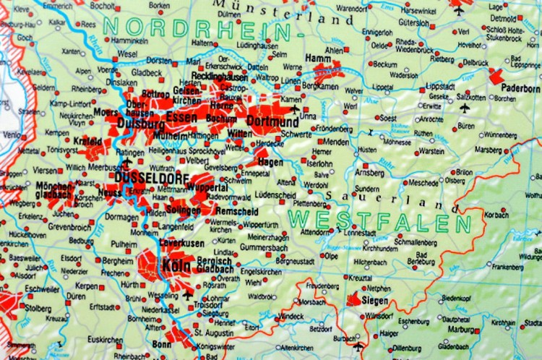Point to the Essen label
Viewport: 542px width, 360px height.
click(x=181, y=116)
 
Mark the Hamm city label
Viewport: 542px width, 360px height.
click(x=319, y=57)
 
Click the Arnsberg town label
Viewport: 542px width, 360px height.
click(x=369, y=173)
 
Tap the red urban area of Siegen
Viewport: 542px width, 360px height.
click(x=354, y=299)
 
